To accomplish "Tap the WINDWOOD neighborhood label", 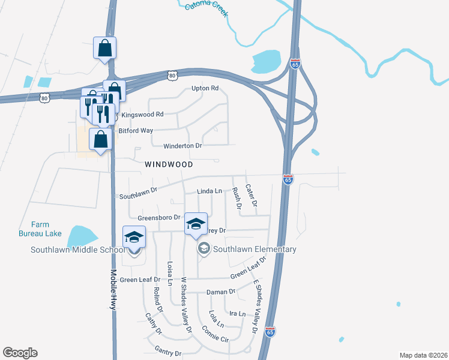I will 169,164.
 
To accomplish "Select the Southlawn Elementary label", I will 255,249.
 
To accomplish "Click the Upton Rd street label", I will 205,88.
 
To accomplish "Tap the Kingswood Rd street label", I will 142,114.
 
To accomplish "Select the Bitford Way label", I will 136,130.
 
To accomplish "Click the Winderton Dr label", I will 183,146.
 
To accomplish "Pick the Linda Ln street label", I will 209,191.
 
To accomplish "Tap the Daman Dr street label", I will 220,292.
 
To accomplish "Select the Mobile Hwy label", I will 112,289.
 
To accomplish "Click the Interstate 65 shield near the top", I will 294,64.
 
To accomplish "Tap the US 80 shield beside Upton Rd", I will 173,75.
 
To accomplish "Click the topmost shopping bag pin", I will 104,48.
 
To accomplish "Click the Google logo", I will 20,353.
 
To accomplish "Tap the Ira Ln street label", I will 238,314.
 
